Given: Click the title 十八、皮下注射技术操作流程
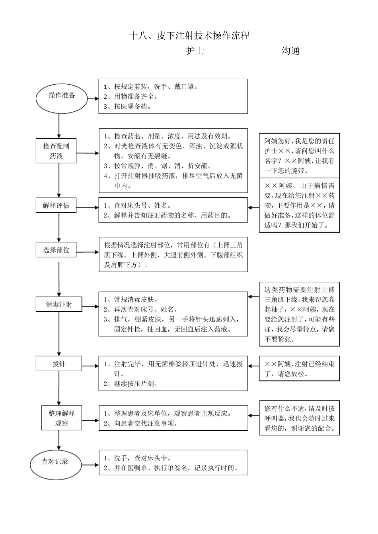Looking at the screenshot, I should [x=189, y=36].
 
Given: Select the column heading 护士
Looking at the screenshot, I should [x=195, y=51].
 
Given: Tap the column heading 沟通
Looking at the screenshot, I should [x=290, y=51].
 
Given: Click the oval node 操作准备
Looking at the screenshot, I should [x=62, y=96].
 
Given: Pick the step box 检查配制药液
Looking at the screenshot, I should [x=56, y=151].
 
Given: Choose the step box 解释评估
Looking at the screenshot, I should [x=56, y=205].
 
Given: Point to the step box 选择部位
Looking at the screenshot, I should [x=56, y=250].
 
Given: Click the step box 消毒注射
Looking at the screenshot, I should [x=59, y=305].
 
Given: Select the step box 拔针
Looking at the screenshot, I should [x=59, y=364].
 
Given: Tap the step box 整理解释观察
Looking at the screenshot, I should [x=62, y=418].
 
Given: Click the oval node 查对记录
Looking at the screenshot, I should [x=55, y=462].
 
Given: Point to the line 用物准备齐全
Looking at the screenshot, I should [x=131, y=97].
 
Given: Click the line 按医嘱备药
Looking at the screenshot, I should [x=128, y=106].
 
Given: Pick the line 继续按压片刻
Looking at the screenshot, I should [x=131, y=384].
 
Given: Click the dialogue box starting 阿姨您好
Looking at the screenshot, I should [x=299, y=156].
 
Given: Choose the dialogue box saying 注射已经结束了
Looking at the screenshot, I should [x=299, y=369].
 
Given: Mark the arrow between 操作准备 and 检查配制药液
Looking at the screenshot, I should [x=59, y=126].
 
